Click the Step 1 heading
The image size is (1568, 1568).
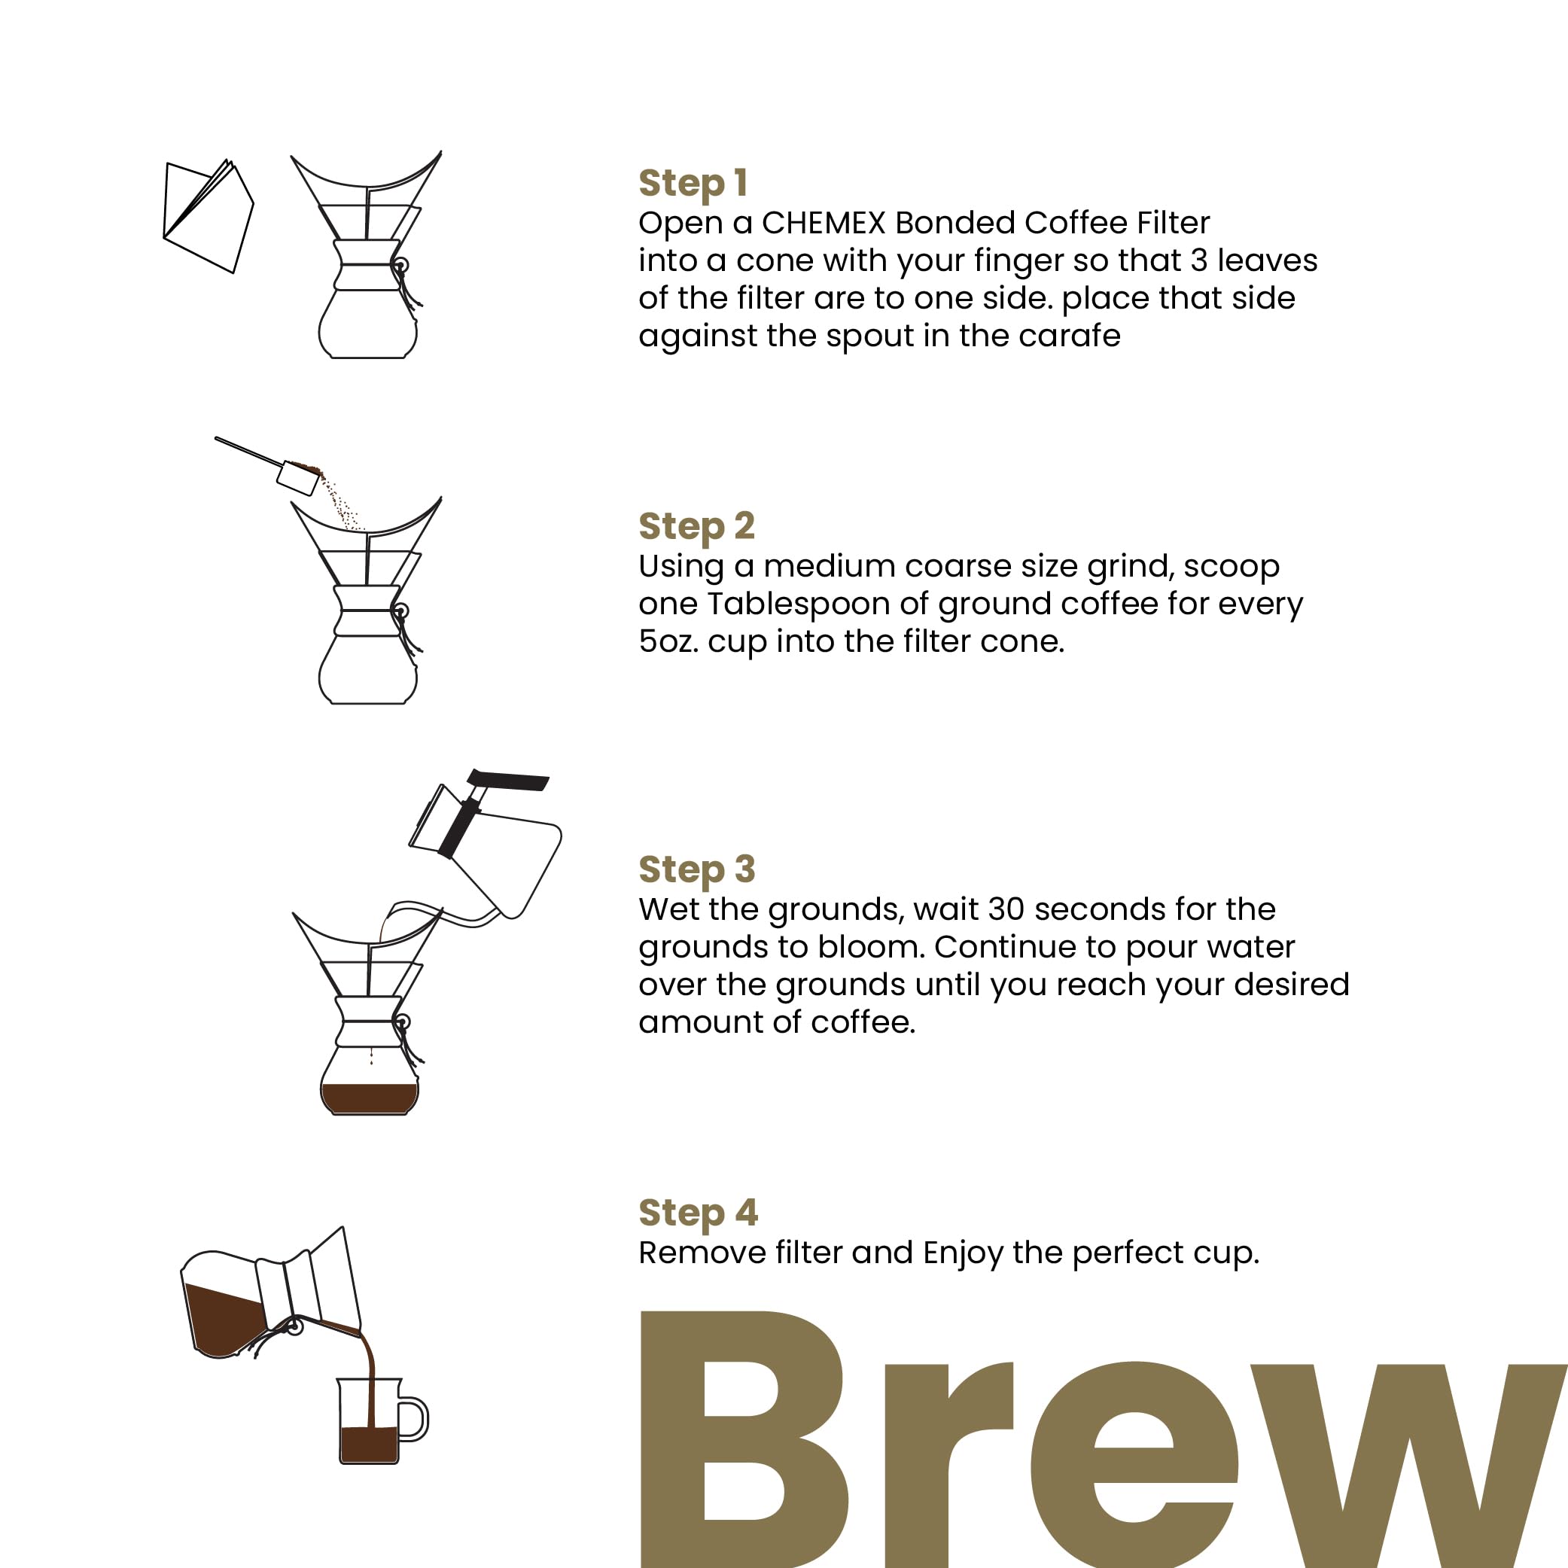(693, 184)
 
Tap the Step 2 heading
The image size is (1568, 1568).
(696, 527)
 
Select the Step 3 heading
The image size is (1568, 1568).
(696, 870)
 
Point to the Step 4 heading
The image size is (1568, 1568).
(697, 1213)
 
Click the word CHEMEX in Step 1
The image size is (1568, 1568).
(823, 223)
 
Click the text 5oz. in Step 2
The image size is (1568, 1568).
(668, 642)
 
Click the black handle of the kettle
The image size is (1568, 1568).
(509, 781)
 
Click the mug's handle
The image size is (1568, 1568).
(415, 1420)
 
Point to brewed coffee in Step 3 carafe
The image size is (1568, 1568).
(370, 1098)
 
